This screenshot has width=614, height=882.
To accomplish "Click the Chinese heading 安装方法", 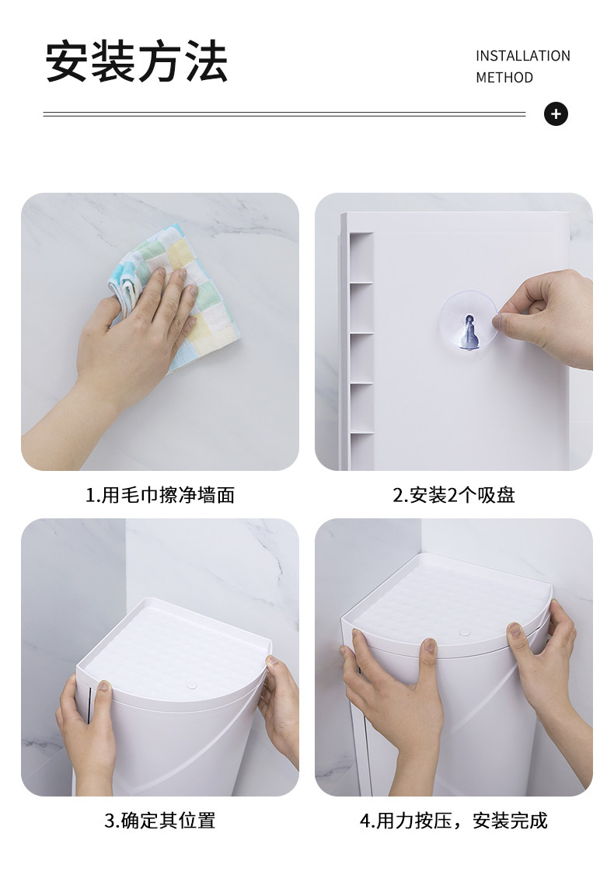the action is pyautogui.click(x=136, y=61).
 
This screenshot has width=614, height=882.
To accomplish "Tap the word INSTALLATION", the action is pyautogui.click(x=523, y=56).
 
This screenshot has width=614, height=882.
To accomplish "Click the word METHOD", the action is pyautogui.click(x=504, y=77).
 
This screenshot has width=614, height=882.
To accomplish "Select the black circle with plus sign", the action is pyautogui.click(x=556, y=114).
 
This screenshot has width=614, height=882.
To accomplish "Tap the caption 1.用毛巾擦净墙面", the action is pyautogui.click(x=160, y=495).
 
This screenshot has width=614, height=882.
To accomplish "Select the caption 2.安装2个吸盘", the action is pyautogui.click(x=454, y=495).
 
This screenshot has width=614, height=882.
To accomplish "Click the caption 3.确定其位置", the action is pyautogui.click(x=160, y=821).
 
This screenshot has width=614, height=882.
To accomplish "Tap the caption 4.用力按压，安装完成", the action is pyautogui.click(x=454, y=821).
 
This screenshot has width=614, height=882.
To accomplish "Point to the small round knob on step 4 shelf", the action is pyautogui.click(x=465, y=633).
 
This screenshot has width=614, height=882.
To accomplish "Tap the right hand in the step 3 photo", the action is pyautogui.click(x=281, y=709).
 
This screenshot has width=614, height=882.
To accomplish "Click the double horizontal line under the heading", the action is pyautogui.click(x=284, y=114).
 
